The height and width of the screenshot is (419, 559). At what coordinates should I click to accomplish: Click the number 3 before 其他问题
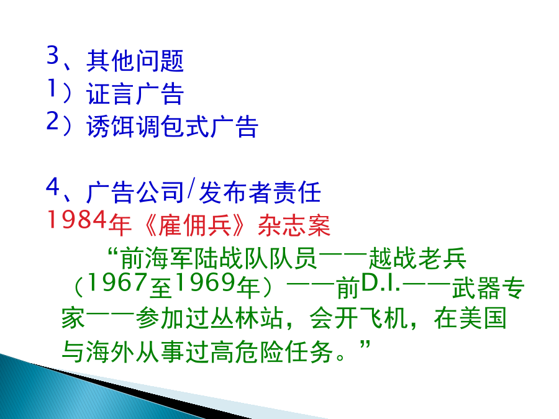pos(53,55)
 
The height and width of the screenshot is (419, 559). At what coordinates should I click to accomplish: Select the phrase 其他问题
pos(135,61)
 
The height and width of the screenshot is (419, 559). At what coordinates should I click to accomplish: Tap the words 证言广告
pos(135,94)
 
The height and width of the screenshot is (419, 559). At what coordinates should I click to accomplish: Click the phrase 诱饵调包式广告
pos(172,127)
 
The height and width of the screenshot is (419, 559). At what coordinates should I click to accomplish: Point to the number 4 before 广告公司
pos(53,186)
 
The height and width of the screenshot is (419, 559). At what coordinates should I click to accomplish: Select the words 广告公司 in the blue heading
pos(135,192)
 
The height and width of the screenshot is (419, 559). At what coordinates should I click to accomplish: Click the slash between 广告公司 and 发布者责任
pos(191,189)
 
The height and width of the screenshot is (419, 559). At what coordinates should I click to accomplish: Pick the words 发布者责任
pos(260,192)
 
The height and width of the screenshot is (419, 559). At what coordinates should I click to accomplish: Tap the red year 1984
pos(76,220)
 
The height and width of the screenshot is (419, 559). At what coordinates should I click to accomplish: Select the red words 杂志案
pos(294,225)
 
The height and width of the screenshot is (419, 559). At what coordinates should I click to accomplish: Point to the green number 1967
pos(117,282)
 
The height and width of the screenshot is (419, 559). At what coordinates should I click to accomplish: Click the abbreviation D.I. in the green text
pos(381,282)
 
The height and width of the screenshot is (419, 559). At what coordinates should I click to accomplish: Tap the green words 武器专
pos(488,288)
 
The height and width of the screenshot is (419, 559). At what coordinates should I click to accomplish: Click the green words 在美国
pos(470,318)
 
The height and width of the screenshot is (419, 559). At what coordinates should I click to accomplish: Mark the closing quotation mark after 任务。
pos(365,345)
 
